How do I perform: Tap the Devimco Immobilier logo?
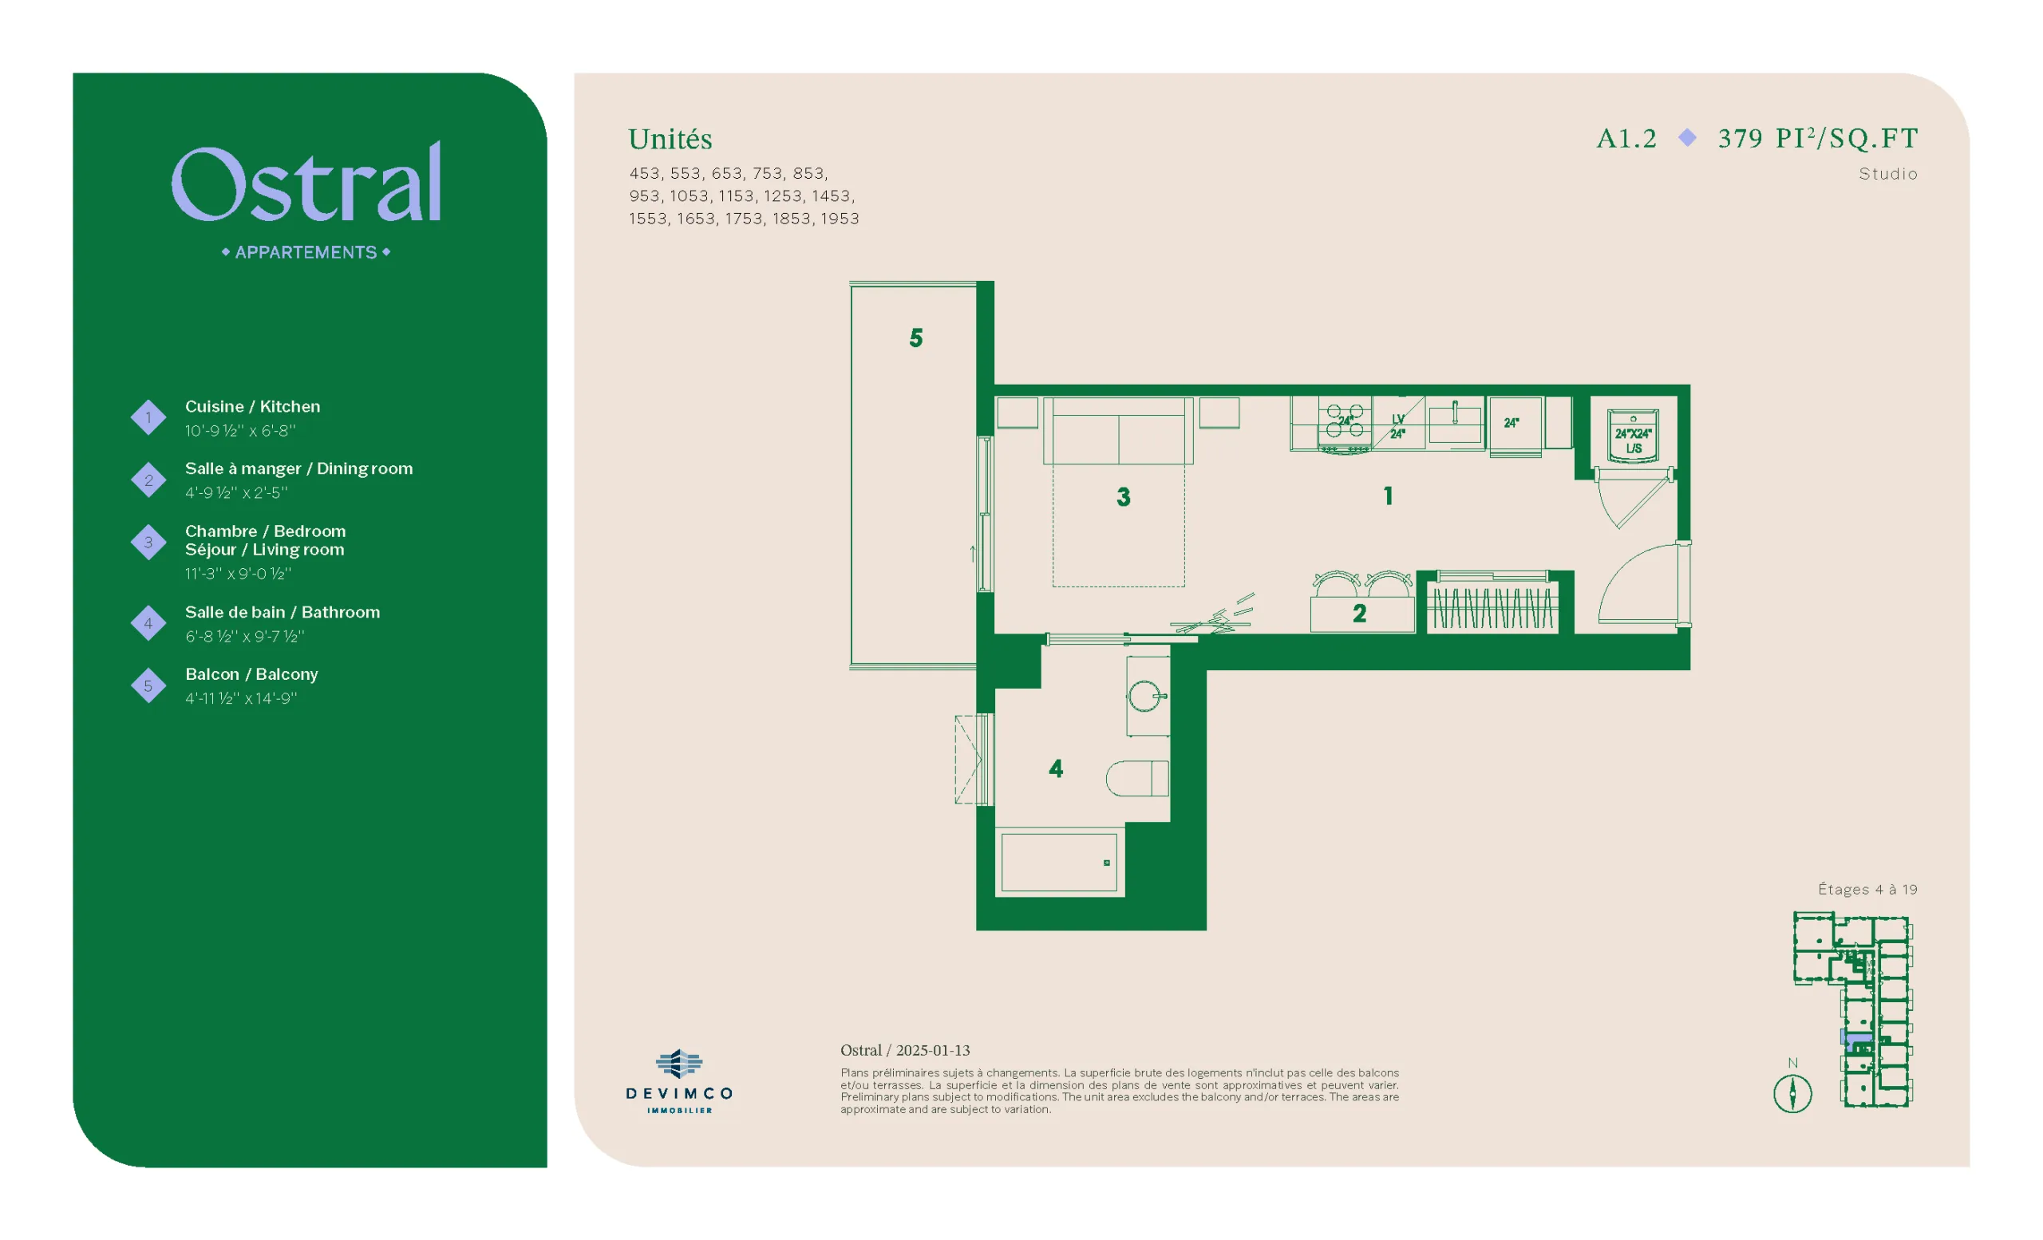point(679,1081)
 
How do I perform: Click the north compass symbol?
point(1792,1092)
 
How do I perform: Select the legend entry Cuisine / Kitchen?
point(252,406)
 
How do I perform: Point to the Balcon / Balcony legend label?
point(251,674)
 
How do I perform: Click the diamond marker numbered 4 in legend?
point(148,622)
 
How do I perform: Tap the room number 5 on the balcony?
point(915,338)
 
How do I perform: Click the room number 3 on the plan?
point(1124,496)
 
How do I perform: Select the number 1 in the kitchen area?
point(1388,496)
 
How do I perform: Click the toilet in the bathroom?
point(1136,778)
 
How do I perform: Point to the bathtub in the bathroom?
point(1059,862)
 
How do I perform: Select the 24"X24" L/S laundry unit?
point(1633,435)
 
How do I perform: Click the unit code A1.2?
point(1626,138)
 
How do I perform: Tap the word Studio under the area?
point(1888,174)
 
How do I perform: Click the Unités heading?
point(670,140)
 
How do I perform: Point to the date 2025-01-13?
point(933,1050)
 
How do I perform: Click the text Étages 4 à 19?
point(1867,890)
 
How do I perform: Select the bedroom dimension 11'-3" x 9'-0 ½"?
point(238,574)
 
